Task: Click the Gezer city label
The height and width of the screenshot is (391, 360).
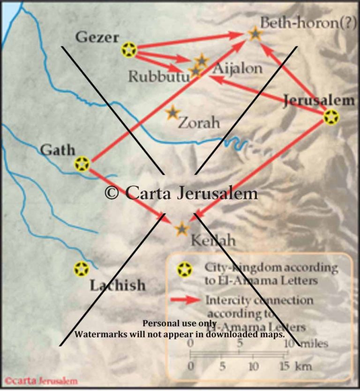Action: coord(97,38)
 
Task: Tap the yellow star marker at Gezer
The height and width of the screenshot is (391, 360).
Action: coord(129,49)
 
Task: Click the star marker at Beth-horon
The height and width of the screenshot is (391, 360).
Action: coord(255,33)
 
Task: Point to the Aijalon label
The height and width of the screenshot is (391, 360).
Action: coord(238,68)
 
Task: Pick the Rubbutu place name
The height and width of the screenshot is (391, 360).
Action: coord(159,76)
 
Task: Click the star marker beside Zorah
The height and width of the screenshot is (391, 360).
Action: coord(173,113)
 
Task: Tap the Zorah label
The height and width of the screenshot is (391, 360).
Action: coord(199,123)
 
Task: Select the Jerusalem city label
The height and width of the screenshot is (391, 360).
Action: coord(319,100)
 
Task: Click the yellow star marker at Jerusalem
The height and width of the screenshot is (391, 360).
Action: coord(331,117)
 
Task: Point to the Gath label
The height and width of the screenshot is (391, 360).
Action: coord(58,150)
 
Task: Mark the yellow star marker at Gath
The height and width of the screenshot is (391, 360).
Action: coord(82,164)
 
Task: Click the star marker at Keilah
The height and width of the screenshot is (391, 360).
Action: coord(182,229)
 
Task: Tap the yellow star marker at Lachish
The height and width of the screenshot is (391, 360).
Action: coord(82,269)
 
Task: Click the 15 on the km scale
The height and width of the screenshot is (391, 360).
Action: coord(285,365)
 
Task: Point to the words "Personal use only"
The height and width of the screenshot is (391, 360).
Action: coord(180,323)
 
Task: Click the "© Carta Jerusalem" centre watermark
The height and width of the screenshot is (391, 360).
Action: coord(181,194)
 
